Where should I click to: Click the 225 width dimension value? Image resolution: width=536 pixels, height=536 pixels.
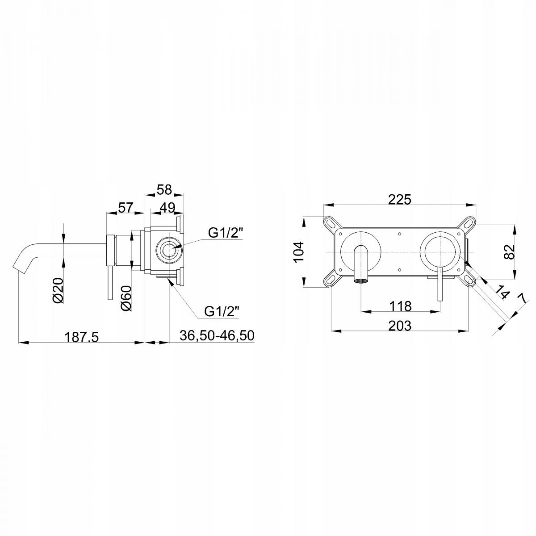tap(399, 199)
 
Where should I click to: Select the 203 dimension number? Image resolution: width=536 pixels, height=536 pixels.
tap(399, 326)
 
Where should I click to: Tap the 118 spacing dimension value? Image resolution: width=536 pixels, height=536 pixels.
tap(400, 306)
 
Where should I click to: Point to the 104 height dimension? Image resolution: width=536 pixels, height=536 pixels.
tap(299, 252)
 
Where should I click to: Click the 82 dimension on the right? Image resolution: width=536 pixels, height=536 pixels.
tap(510, 252)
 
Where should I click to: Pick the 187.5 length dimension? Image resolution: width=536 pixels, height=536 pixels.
tap(81, 337)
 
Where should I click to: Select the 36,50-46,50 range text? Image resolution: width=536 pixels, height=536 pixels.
tap(217, 335)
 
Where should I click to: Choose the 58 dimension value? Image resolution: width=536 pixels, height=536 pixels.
tap(164, 190)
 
